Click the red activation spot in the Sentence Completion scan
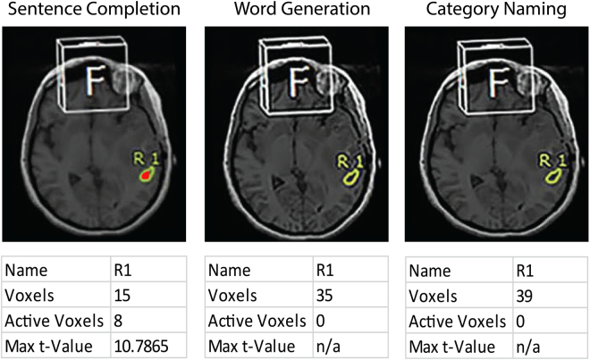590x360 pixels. [x=144, y=176]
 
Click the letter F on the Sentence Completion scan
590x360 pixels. [x=95, y=78]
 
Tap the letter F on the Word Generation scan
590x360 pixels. [x=299, y=78]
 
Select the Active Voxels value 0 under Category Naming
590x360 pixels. [x=521, y=319]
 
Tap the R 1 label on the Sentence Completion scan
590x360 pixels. [x=143, y=159]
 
